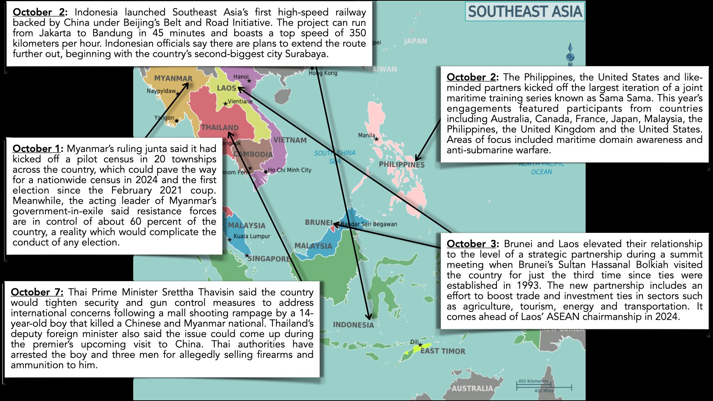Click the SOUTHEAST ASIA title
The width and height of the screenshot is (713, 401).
(524, 12)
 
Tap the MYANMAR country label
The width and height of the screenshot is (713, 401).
(173, 78)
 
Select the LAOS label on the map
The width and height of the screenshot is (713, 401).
(227, 88)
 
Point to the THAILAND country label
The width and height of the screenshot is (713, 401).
(220, 127)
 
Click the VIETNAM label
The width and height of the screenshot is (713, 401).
(290, 140)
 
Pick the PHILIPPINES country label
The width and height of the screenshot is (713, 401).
(401, 164)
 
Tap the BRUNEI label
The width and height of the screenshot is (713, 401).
(319, 222)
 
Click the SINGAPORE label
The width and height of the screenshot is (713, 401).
(269, 259)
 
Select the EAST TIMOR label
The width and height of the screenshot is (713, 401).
(443, 351)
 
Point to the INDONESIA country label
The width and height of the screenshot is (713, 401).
(353, 325)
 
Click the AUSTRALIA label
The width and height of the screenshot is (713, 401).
(472, 388)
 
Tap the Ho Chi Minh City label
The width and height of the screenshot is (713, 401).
(289, 170)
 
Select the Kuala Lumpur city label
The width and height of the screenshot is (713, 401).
(252, 236)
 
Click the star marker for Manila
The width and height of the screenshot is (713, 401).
(377, 139)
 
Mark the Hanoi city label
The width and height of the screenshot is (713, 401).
(241, 77)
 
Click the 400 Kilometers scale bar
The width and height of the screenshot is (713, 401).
(534, 384)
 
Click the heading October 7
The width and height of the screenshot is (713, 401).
(37, 292)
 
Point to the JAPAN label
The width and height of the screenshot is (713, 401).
(415, 41)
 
